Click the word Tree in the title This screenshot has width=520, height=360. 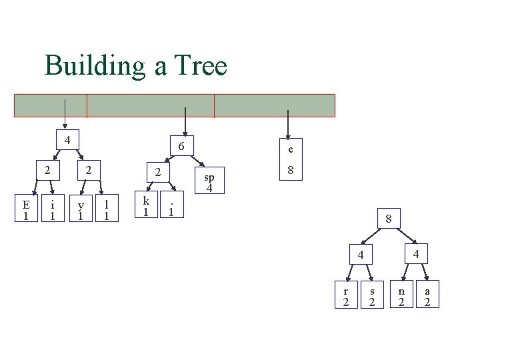201,66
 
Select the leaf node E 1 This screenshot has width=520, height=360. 26,209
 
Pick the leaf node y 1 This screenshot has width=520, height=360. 80,209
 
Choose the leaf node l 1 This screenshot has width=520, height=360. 107,209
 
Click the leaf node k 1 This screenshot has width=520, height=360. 146,205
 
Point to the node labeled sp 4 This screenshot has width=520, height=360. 209,181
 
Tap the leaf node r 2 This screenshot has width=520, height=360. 345,296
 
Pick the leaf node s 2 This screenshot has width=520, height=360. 372,296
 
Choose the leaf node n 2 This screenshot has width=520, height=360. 401,296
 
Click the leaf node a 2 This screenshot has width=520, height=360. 427,296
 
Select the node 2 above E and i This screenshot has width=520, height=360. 47,170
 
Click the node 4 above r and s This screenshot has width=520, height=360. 359,255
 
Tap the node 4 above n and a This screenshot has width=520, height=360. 415,254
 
